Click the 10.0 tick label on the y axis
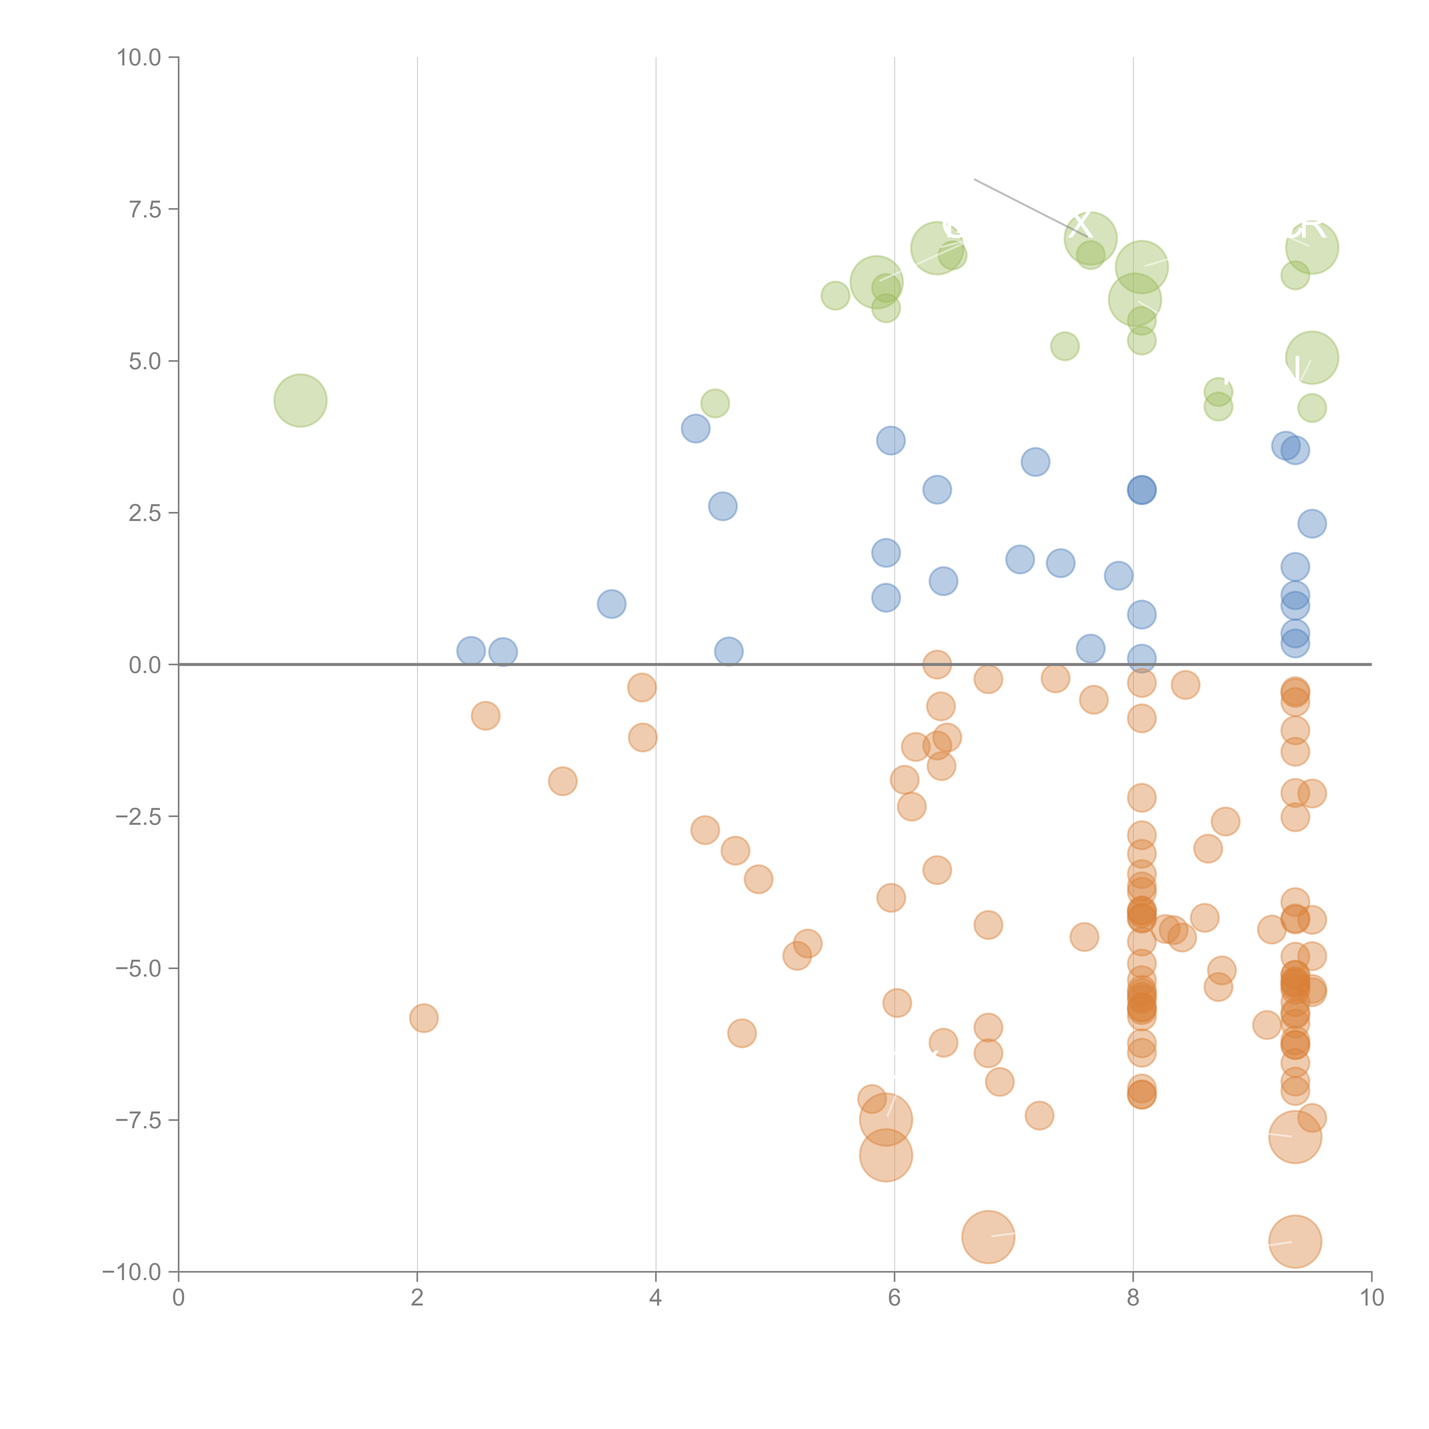click(x=139, y=58)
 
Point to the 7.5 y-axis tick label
click(x=145, y=209)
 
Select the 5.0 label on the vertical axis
click(x=145, y=361)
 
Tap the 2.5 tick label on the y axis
click(x=145, y=512)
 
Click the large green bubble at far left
click(x=300, y=400)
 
